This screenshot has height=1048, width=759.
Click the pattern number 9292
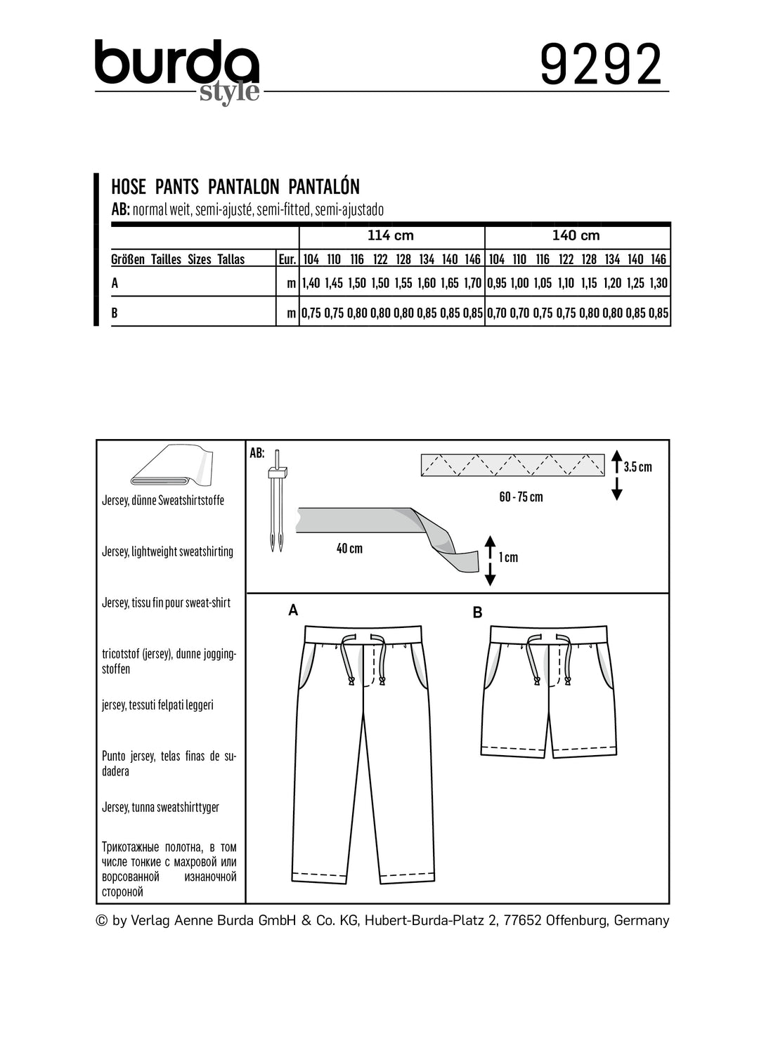coord(601,65)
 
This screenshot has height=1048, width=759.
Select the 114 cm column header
coord(391,235)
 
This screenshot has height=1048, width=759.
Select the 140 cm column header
coord(576,235)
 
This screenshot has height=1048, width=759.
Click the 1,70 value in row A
coord(473,284)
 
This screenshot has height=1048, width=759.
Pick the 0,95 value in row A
coord(496,284)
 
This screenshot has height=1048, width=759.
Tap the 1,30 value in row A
coord(659,284)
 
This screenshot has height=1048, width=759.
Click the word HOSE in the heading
coord(129,187)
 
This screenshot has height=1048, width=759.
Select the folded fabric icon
coord(171,466)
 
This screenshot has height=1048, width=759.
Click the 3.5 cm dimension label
coord(637,467)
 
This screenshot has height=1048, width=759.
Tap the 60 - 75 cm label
coord(521,497)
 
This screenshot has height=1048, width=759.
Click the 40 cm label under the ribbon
coord(349,548)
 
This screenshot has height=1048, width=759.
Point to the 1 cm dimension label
coord(507,557)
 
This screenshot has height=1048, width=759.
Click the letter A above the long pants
coord(293,610)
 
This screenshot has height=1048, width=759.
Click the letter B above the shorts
coord(478,613)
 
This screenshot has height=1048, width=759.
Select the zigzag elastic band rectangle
coord(512,465)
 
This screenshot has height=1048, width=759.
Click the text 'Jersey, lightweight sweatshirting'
coord(167,551)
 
